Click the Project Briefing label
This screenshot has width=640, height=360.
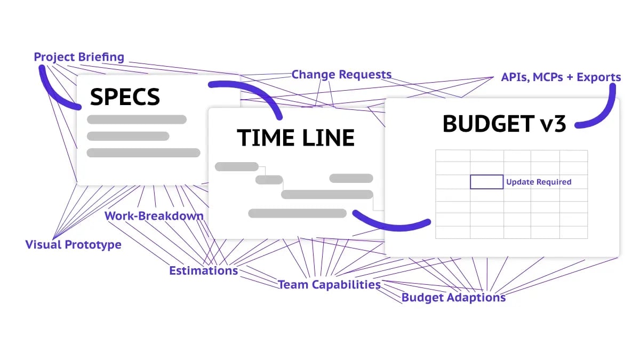click(x=79, y=57)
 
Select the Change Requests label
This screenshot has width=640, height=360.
click(x=341, y=75)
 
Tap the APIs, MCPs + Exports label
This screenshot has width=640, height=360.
click(x=561, y=77)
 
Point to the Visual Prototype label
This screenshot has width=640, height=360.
click(x=74, y=245)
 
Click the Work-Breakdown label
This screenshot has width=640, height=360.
click(x=154, y=216)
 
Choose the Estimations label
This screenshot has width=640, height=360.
click(x=203, y=271)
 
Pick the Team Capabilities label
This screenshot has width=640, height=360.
click(x=329, y=285)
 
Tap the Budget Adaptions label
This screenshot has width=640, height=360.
click(x=453, y=298)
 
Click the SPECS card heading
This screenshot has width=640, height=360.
click(x=125, y=97)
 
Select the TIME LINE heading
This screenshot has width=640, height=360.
click(x=296, y=138)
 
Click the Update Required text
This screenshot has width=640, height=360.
click(x=539, y=182)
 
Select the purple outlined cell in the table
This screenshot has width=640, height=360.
click(x=486, y=182)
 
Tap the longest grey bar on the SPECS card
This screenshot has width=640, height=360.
click(x=143, y=153)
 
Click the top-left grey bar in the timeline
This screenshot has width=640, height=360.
click(x=236, y=166)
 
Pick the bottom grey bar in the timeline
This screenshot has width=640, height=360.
click(x=297, y=213)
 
